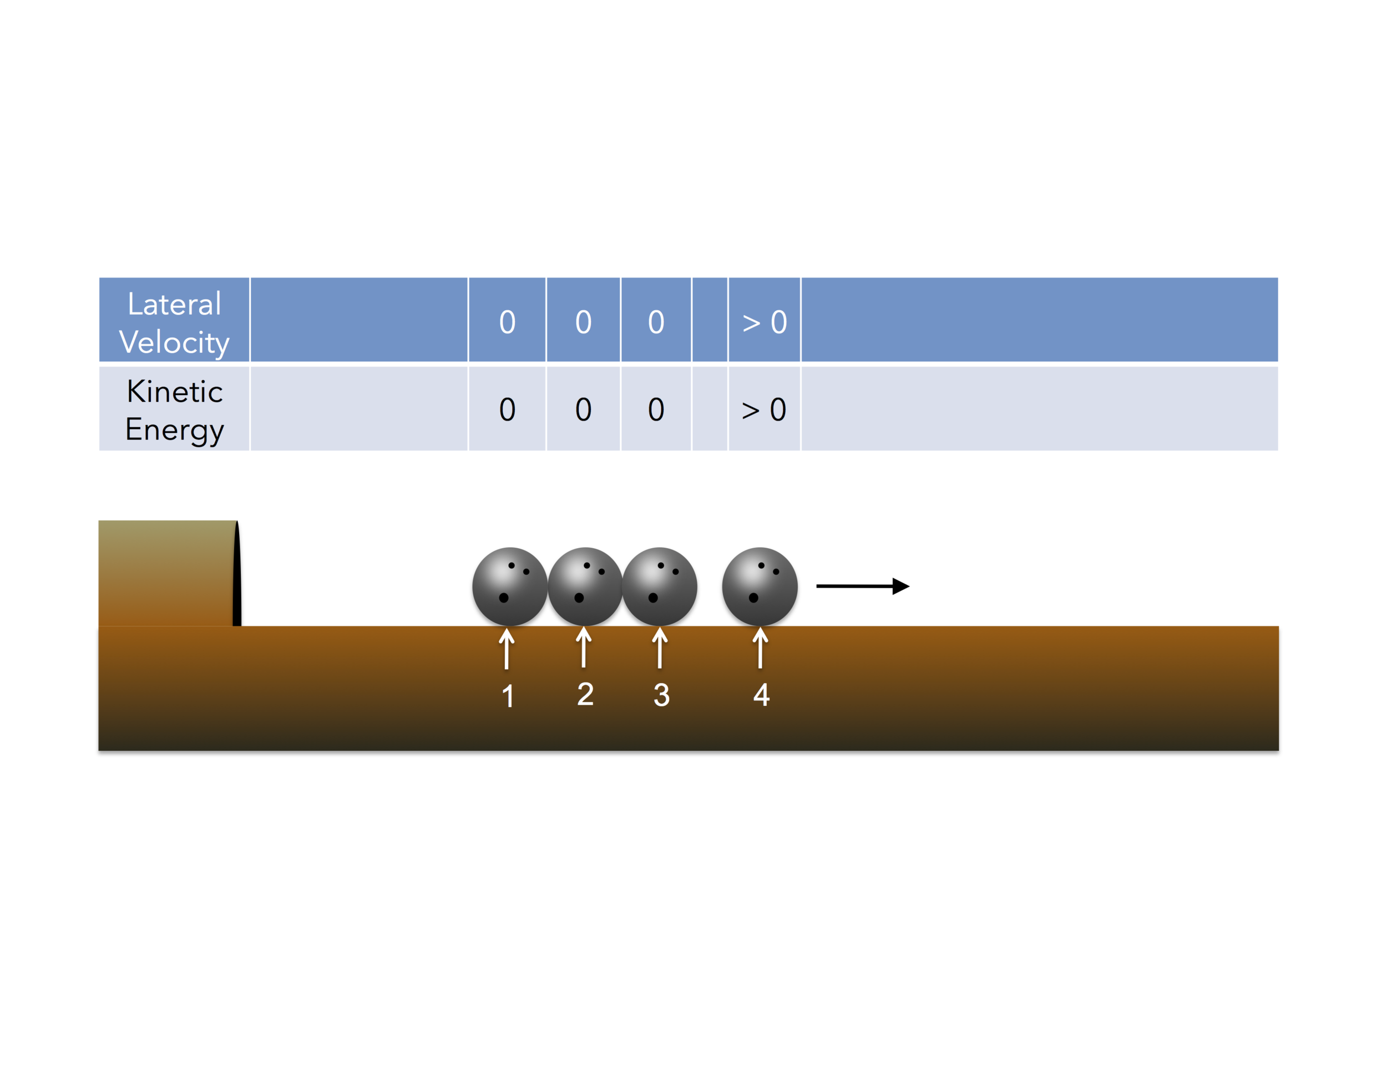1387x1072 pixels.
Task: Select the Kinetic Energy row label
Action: (174, 409)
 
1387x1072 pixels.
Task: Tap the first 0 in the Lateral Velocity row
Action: (507, 322)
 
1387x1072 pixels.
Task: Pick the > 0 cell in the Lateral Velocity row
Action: (764, 322)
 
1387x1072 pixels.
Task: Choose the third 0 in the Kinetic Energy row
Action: (655, 409)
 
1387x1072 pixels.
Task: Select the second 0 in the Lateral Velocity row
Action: (583, 322)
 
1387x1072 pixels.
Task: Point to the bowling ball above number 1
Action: (509, 585)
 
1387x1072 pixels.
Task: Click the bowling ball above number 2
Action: (585, 585)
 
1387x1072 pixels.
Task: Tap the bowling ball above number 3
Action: (659, 585)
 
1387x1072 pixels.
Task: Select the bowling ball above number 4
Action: (760, 585)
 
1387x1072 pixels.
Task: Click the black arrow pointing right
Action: (862, 585)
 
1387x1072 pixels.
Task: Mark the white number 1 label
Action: (508, 696)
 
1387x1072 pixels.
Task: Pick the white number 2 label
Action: (585, 694)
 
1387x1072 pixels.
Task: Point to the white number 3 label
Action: (661, 695)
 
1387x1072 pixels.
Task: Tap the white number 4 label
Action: (761, 694)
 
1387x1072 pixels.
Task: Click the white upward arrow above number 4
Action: (760, 647)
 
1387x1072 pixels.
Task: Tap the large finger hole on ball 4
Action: (753, 598)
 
